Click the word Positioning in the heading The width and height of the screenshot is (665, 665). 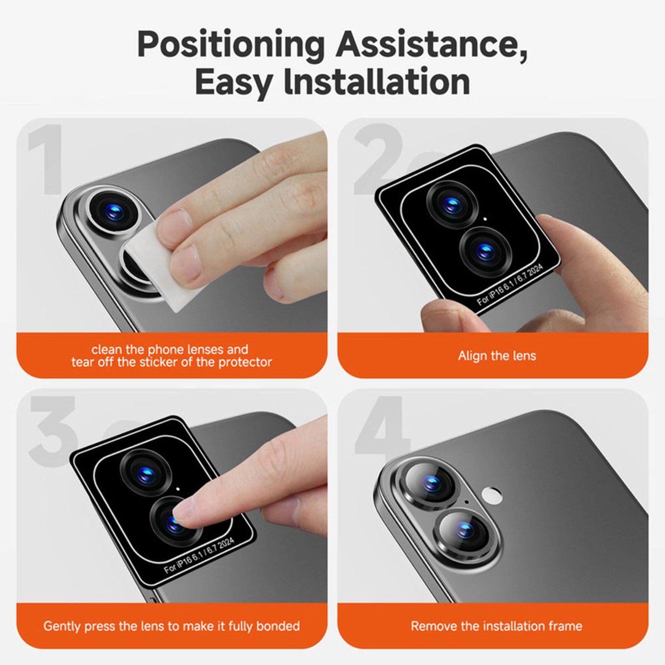click(231, 45)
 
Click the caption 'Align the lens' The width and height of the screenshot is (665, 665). click(497, 356)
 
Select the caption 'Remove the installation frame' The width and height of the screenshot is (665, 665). click(496, 626)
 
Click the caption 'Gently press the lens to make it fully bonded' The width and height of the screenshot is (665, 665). click(172, 626)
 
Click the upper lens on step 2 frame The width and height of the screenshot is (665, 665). click(452, 205)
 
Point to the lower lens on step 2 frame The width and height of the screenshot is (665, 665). click(485, 250)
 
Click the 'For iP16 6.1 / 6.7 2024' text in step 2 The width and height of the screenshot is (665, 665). click(510, 285)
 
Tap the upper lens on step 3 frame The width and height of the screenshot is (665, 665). click(145, 473)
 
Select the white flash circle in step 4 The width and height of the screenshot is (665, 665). click(491, 495)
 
